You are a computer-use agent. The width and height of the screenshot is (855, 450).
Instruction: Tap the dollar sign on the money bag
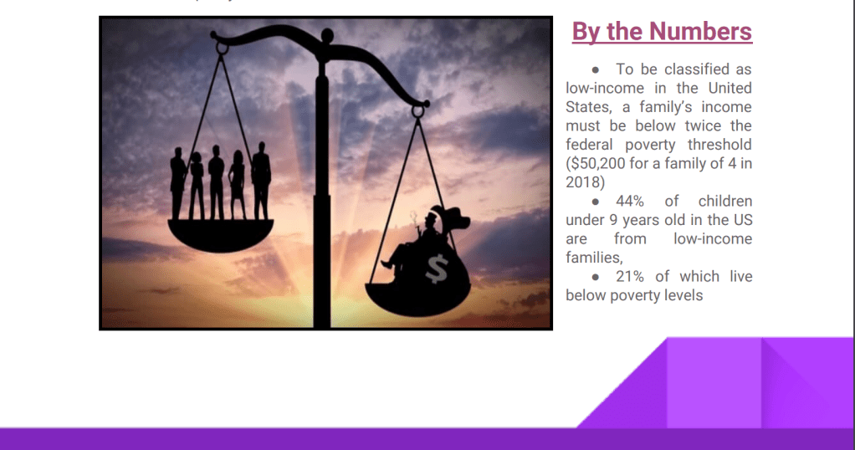click(x=437, y=268)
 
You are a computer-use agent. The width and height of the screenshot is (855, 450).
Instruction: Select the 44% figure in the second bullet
click(x=630, y=201)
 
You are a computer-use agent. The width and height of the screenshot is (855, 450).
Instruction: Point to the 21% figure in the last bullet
click(x=630, y=276)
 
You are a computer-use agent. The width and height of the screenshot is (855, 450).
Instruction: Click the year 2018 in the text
click(x=583, y=182)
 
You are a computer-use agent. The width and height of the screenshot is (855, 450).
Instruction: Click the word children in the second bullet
click(x=725, y=201)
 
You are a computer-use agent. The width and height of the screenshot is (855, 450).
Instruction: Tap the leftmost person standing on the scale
click(x=177, y=183)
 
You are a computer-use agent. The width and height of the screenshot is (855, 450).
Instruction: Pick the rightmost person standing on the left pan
click(x=261, y=181)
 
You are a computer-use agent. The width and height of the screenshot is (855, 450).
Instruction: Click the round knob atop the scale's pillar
click(x=327, y=36)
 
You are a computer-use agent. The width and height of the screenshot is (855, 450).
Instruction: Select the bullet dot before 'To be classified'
click(x=596, y=69)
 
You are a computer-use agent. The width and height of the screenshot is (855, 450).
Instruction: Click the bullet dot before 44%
click(x=596, y=202)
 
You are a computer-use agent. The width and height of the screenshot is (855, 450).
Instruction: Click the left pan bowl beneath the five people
click(x=220, y=235)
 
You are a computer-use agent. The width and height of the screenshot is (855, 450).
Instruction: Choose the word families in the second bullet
click(x=594, y=258)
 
